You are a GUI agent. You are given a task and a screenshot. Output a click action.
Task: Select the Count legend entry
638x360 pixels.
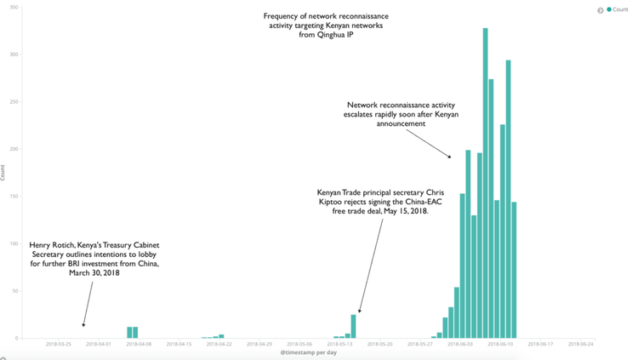coord(619,9)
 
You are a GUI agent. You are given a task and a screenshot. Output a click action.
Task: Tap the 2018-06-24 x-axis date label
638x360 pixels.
coord(579,345)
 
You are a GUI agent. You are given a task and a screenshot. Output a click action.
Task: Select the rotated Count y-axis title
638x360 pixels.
coord(3,174)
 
